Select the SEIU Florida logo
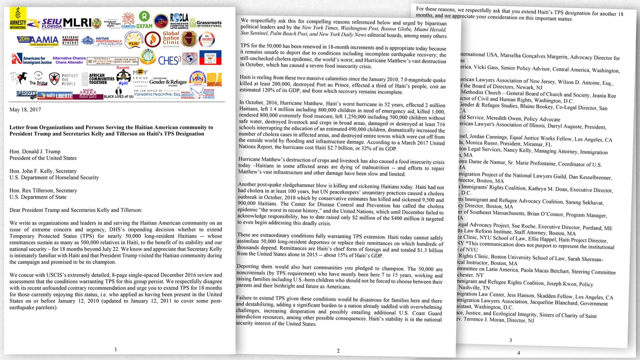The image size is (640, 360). [51, 23]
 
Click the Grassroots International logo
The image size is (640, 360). [208, 23]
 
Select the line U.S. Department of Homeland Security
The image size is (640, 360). [54, 177]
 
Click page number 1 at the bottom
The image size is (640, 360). [116, 349]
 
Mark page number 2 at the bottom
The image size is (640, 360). [338, 350]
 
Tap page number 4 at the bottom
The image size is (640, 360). [518, 353]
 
